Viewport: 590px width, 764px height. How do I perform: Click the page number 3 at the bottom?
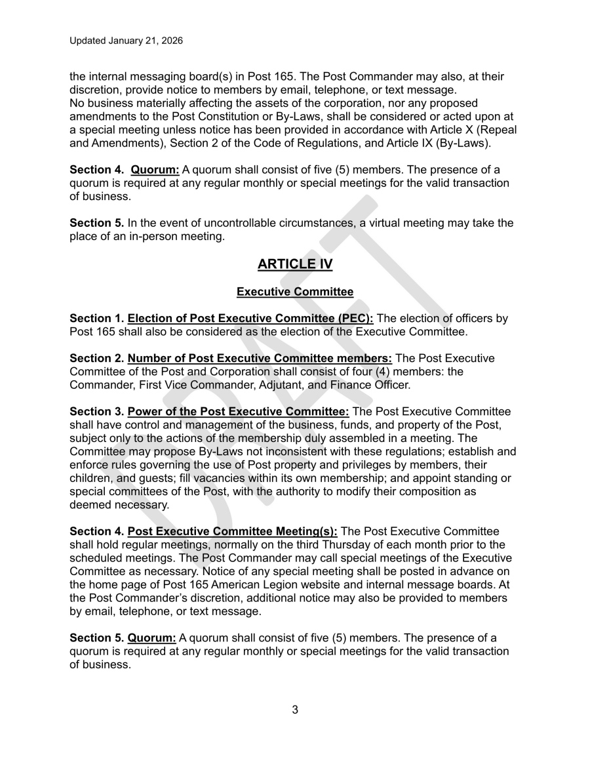click(295, 710)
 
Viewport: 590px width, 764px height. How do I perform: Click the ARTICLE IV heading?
click(295, 264)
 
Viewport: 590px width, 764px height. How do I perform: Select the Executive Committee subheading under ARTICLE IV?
click(295, 291)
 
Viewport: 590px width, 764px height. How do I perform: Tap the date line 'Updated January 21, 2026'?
click(126, 41)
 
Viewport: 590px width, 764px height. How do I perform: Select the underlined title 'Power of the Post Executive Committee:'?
click(239, 411)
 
